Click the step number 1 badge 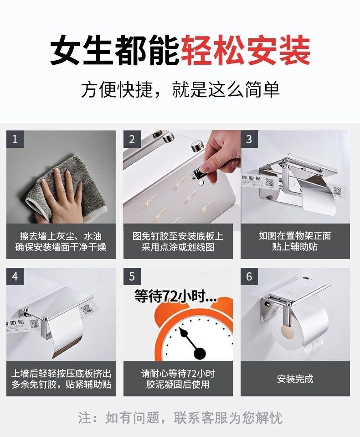[x=15, y=139]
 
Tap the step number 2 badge [x=132, y=139]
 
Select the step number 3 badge [x=249, y=139]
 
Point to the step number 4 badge [x=15, y=276]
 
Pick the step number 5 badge [x=132, y=276]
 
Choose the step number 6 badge [x=249, y=276]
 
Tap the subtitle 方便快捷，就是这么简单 [x=180, y=90]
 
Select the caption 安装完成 [x=295, y=379]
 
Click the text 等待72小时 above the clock [x=175, y=297]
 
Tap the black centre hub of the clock [x=200, y=354]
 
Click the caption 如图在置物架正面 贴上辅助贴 [x=295, y=241]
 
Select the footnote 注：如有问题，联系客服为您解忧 [x=180, y=418]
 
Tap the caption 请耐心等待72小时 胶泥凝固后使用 [x=178, y=379]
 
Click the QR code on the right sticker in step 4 [x=86, y=309]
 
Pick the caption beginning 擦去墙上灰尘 [x=61, y=241]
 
